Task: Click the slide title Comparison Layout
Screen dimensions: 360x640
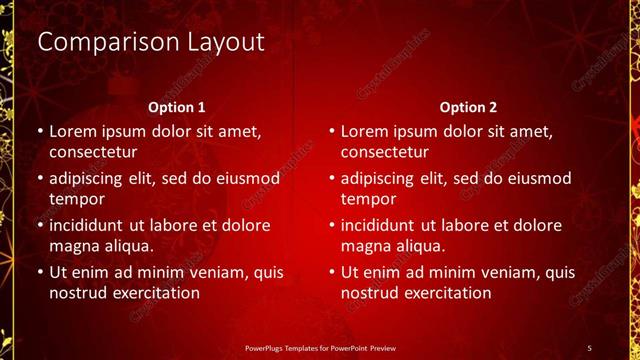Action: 150,42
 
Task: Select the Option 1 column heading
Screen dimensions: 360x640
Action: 177,106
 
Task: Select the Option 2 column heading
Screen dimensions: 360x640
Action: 468,106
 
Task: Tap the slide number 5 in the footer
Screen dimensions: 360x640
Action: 589,346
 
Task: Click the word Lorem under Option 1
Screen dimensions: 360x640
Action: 75,131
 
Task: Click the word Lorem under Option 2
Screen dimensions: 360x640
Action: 367,131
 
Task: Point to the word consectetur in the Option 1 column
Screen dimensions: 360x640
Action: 93,152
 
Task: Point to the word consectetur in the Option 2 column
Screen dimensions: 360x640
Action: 385,152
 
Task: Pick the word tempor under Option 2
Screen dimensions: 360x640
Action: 369,198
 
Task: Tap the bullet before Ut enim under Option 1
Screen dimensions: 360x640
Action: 38,272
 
